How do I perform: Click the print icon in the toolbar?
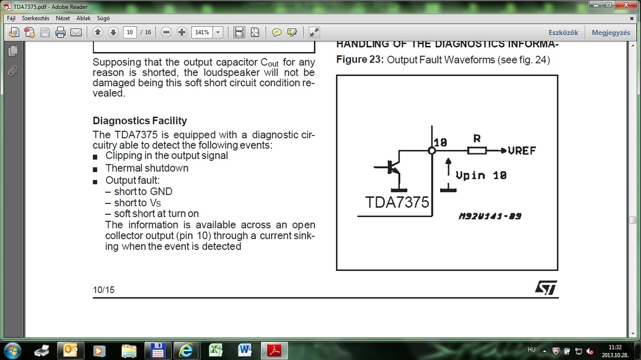tap(61, 33)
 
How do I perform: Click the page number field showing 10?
tap(130, 33)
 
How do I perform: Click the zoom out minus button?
tap(166, 33)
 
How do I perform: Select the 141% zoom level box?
tap(202, 33)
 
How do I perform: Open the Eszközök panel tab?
tap(563, 33)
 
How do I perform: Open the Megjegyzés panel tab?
tap(610, 33)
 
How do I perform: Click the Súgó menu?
tap(103, 18)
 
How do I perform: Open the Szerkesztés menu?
tap(36, 18)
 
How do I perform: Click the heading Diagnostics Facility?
tap(140, 121)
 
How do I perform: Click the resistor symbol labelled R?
tap(477, 150)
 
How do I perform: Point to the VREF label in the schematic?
tap(522, 151)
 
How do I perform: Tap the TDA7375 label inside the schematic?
tap(397, 202)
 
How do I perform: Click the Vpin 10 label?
tap(481, 175)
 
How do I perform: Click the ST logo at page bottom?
tap(546, 287)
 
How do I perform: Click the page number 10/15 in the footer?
tap(104, 290)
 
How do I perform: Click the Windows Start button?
tap(12, 350)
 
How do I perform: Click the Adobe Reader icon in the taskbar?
tap(275, 350)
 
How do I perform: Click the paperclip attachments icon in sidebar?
tap(13, 71)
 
